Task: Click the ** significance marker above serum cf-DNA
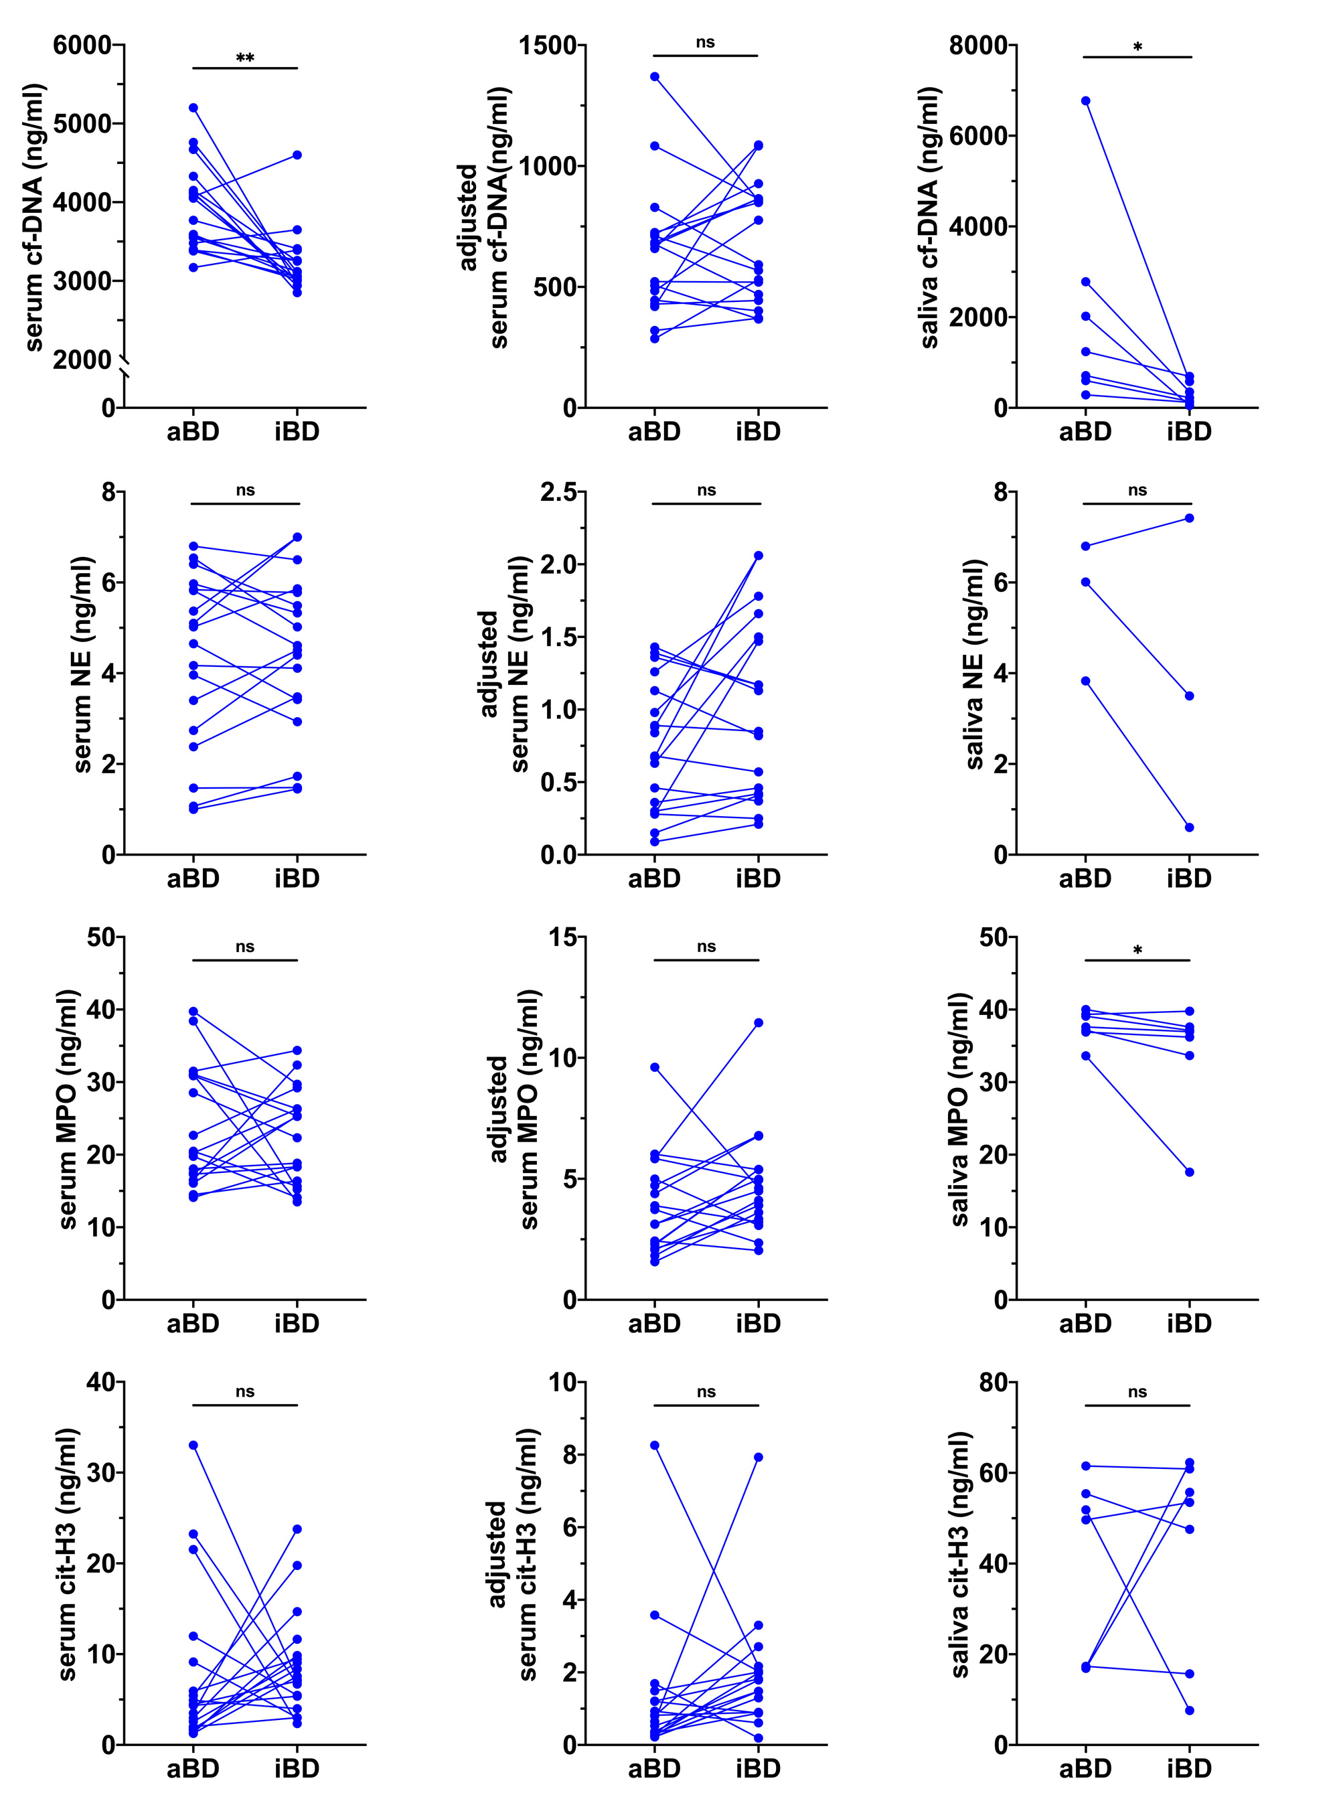tap(245, 58)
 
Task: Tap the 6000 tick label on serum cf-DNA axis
tap(82, 46)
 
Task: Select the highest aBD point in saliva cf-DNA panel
tap(1085, 101)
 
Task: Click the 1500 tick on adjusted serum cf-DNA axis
tap(548, 46)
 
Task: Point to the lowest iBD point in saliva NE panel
tap(1189, 828)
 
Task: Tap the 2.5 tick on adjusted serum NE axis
tap(558, 492)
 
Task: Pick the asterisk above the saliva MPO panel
tap(1137, 950)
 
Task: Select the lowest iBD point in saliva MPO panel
tap(1189, 1172)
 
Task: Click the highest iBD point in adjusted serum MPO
tap(759, 1023)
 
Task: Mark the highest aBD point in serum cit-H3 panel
tap(193, 1445)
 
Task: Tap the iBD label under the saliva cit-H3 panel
tap(1189, 1769)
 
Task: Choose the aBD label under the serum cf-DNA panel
tap(193, 432)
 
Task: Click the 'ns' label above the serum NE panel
tap(245, 490)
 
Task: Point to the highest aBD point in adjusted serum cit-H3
tap(654, 1445)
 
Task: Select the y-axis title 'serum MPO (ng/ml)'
tap(68, 1109)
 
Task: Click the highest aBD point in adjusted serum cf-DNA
tap(654, 77)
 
